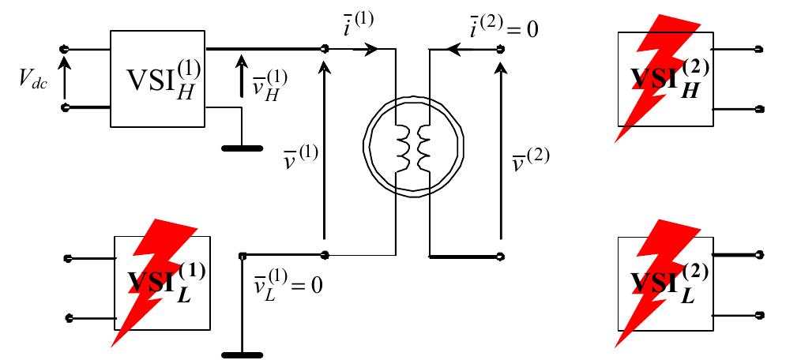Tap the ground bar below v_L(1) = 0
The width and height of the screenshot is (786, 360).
(x=242, y=351)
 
